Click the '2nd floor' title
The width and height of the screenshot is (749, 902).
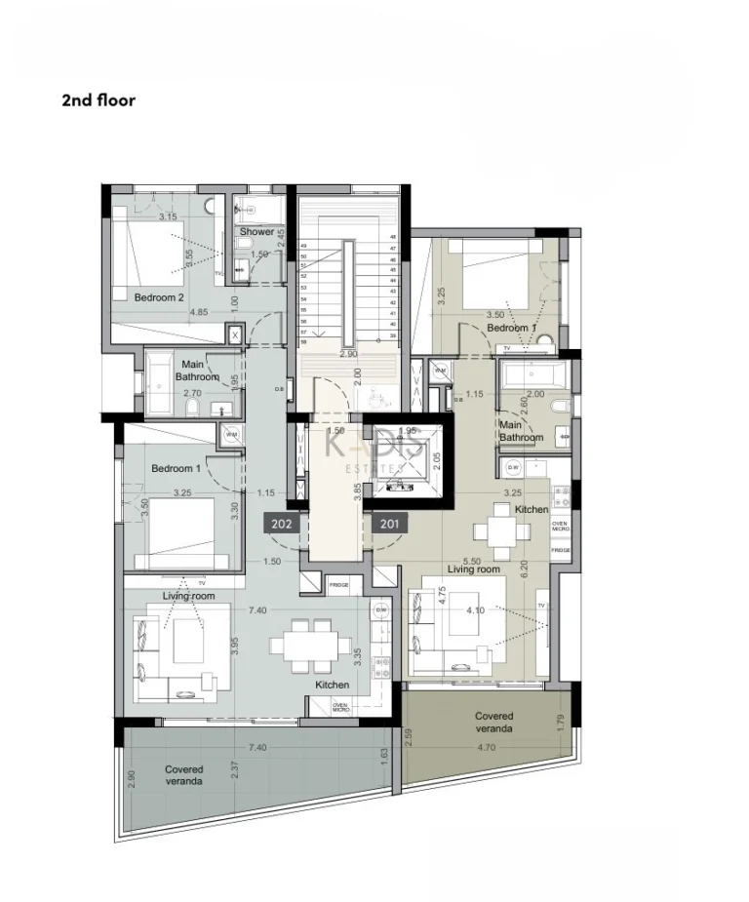point(99,100)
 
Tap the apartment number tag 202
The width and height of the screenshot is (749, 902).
point(281,525)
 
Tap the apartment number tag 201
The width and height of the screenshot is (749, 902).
point(389,525)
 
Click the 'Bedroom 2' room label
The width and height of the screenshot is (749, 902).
point(159,297)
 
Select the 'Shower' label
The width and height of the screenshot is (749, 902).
point(257,232)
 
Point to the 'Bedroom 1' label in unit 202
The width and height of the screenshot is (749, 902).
point(176,469)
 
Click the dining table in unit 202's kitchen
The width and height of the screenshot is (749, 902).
point(311,645)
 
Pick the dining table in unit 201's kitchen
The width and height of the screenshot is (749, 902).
point(496,532)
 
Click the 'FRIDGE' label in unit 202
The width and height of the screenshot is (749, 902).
point(338,585)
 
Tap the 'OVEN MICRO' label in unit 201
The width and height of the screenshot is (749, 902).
point(560,527)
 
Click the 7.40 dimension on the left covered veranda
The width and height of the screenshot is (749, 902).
point(257,747)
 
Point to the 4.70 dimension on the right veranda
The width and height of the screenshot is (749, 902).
point(486,748)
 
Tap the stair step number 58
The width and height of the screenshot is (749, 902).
point(303,341)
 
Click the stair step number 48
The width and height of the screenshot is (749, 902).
point(393,237)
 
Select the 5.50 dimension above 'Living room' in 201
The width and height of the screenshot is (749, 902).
point(472,561)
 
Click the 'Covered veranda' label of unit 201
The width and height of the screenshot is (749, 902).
point(494,723)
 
